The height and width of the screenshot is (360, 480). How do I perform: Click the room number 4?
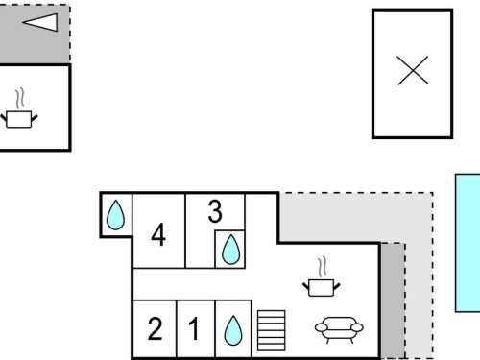click(158, 235)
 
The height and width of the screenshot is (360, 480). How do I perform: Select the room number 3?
click(215, 211)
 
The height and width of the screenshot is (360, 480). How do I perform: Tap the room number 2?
click(155, 328)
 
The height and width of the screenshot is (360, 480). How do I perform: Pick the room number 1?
click(194, 328)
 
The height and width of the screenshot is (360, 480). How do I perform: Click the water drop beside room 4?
click(115, 215)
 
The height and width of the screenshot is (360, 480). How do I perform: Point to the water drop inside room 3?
click(230, 250)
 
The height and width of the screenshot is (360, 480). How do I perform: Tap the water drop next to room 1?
click(233, 330)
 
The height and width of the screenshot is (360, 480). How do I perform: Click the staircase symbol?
click(272, 330)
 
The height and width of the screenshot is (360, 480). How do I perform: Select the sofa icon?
click(339, 329)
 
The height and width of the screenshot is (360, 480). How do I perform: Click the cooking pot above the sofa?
click(322, 288)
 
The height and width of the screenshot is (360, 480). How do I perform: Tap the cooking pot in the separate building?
click(19, 119)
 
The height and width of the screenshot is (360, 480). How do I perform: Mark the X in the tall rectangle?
click(413, 70)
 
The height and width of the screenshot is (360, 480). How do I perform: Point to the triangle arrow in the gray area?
click(40, 22)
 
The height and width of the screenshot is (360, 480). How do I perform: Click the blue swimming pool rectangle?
click(468, 243)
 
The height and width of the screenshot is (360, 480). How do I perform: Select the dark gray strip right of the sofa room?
click(393, 300)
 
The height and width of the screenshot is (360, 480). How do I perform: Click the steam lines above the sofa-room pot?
click(323, 267)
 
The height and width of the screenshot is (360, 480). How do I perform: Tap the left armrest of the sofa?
click(322, 327)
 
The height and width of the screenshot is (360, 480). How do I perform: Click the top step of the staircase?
click(272, 313)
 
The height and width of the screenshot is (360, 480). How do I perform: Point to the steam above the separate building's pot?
click(20, 98)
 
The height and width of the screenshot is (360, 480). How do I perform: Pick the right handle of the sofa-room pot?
click(337, 286)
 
